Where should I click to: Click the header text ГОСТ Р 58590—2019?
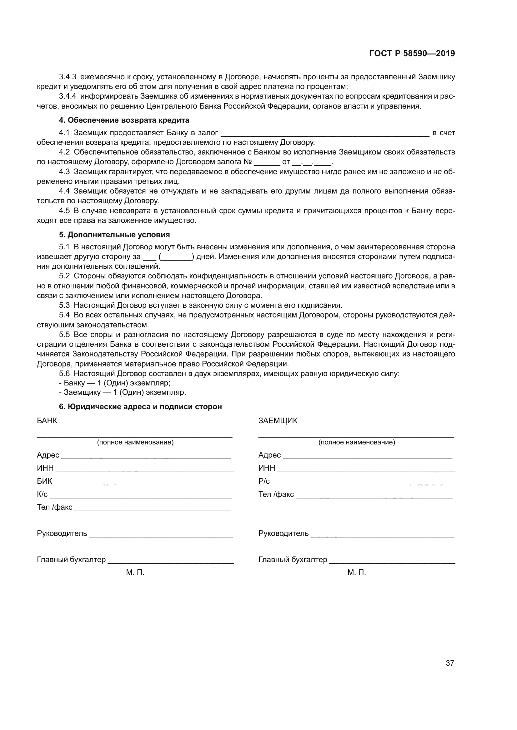pyautogui.click(x=412, y=54)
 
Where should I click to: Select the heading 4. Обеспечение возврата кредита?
pyautogui.click(x=124, y=120)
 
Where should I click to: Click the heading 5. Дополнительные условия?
pyautogui.click(x=114, y=235)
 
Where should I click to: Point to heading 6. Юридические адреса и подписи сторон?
pyautogui.click(x=140, y=407)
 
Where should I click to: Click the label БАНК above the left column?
pyautogui.click(x=47, y=421)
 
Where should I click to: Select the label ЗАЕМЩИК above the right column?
pyautogui.click(x=278, y=421)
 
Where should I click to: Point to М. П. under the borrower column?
pyautogui.click(x=357, y=573)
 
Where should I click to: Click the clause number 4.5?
pyautogui.click(x=64, y=211)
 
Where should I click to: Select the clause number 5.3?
pyautogui.click(x=64, y=306)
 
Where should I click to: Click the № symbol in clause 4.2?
pyautogui.click(x=247, y=162)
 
